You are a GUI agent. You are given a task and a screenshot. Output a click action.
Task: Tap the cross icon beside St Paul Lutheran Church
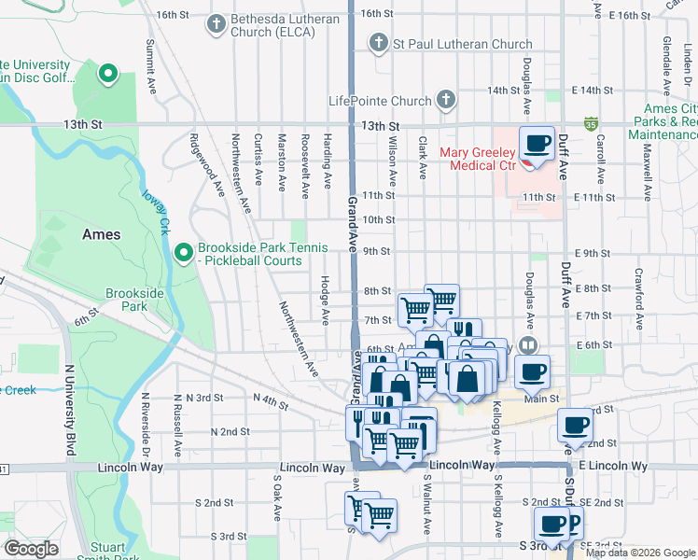[x=378, y=43]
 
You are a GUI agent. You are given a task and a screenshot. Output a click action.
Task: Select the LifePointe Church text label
[x=379, y=101]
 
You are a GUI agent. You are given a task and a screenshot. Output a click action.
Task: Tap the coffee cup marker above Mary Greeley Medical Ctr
[x=537, y=143]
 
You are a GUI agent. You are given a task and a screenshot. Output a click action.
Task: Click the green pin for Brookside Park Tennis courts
[x=184, y=252]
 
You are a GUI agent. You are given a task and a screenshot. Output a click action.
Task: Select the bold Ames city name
[x=101, y=234]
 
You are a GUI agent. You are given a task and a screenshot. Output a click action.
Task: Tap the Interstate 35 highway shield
[x=591, y=122]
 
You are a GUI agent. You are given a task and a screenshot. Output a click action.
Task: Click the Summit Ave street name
[x=150, y=64]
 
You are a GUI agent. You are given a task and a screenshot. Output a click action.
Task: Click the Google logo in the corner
[x=31, y=549]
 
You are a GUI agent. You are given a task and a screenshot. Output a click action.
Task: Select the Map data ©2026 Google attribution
[x=640, y=553]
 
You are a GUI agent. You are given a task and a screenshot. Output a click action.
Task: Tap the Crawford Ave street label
[x=639, y=300]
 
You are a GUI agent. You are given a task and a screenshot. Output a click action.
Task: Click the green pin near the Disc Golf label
[x=108, y=73]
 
